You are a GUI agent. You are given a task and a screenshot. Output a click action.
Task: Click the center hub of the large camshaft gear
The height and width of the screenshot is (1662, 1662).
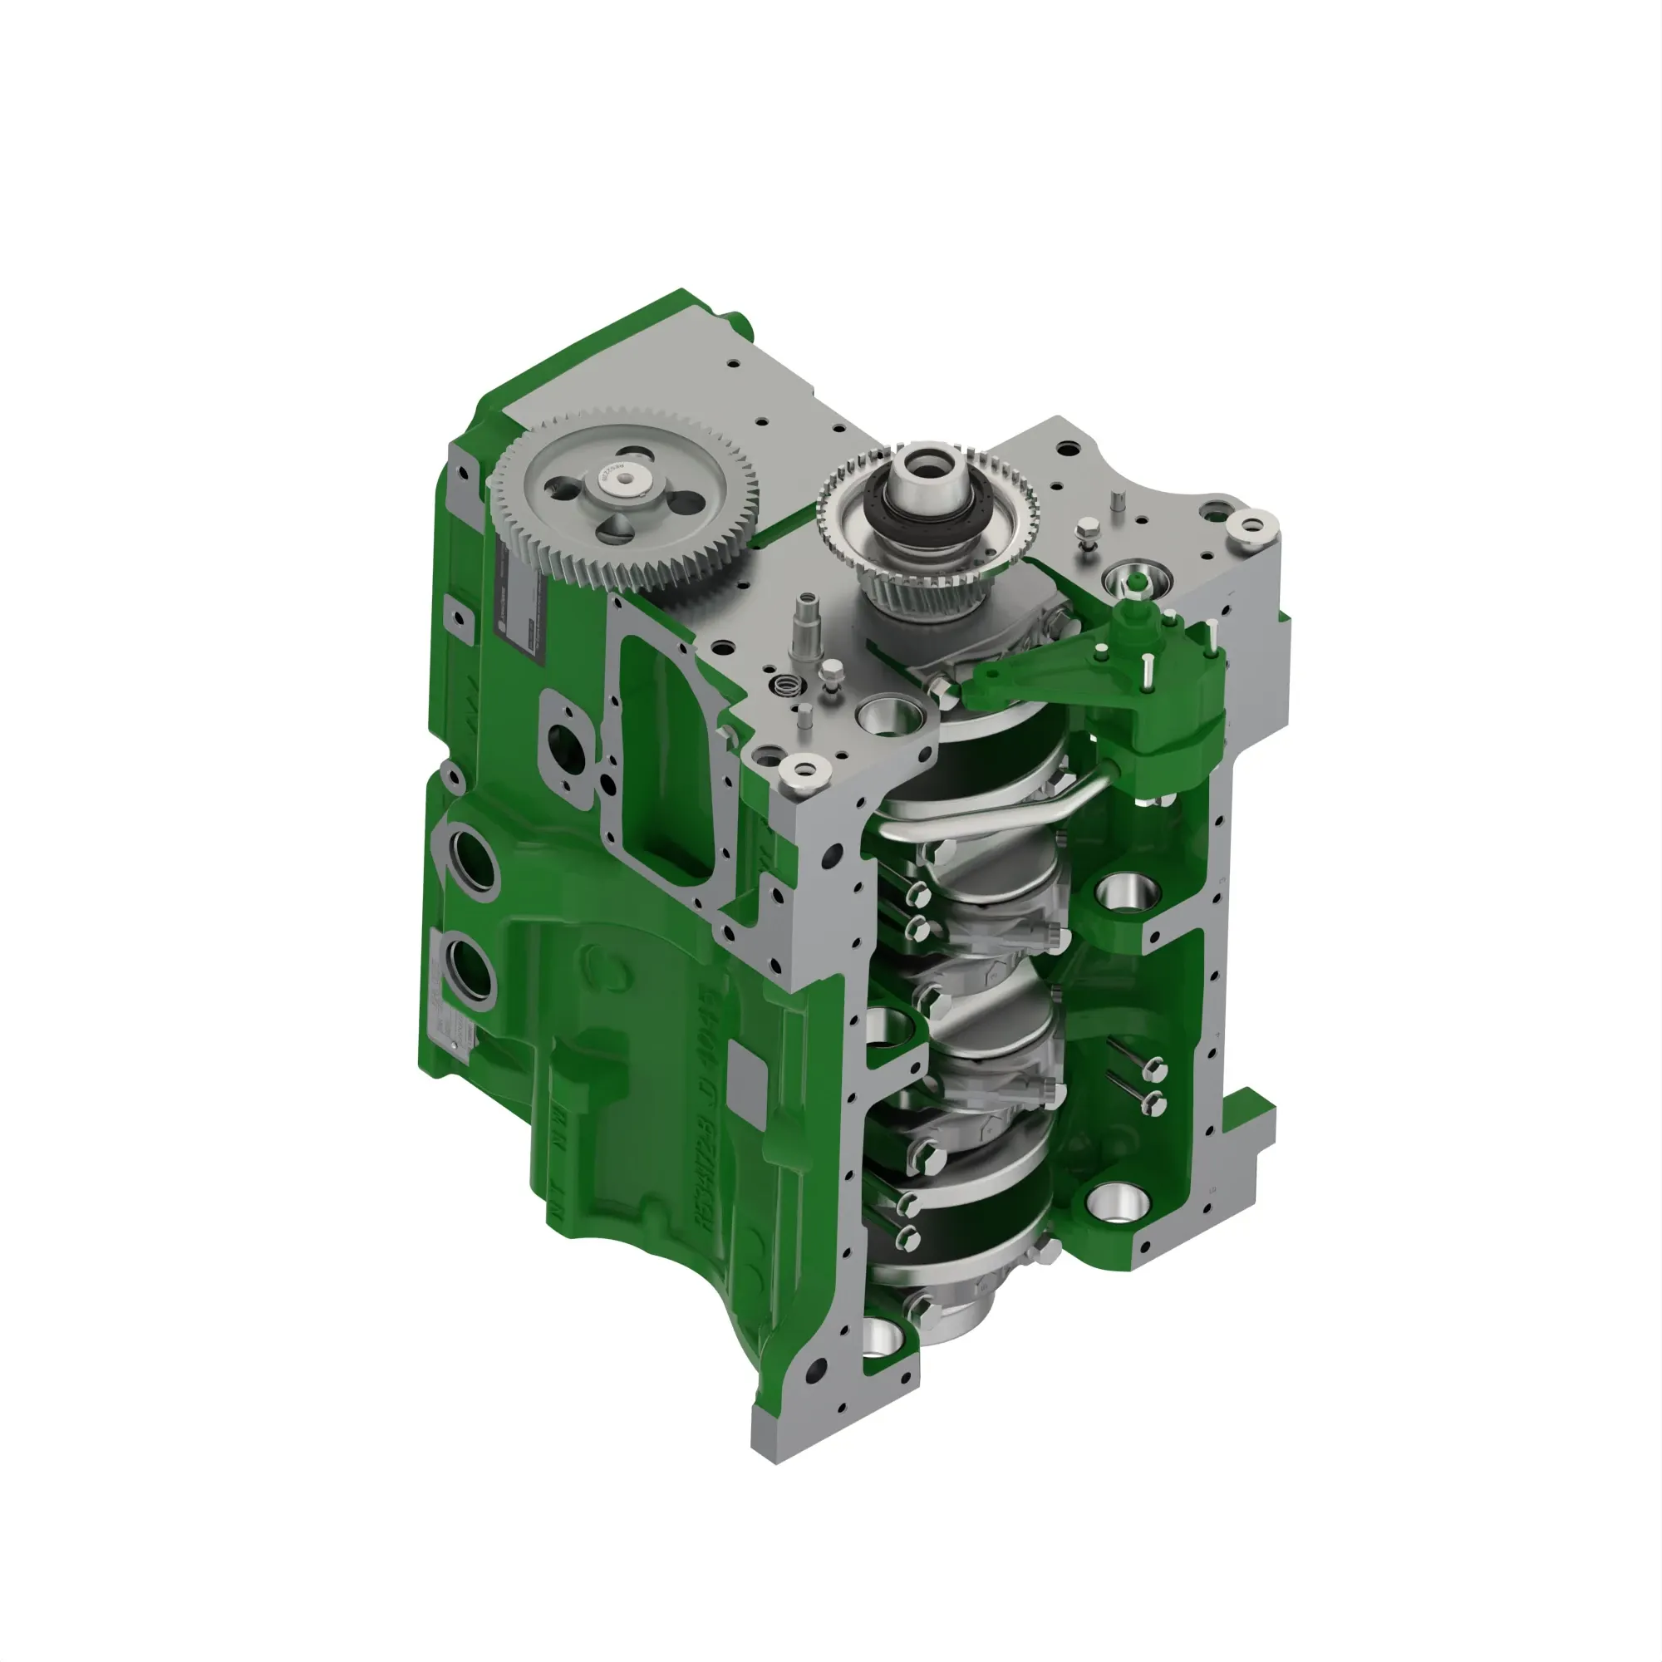tap(624, 485)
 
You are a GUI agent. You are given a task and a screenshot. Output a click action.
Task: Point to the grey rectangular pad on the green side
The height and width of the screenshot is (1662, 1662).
tap(746, 1075)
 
